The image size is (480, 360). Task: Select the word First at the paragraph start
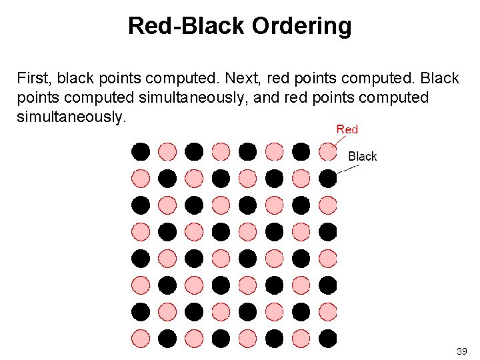click(x=33, y=79)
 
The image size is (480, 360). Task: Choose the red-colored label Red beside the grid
click(x=347, y=129)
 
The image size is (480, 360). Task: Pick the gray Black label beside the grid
click(x=363, y=156)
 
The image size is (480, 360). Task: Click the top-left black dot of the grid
click(x=140, y=151)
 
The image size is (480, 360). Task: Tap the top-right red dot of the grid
click(x=327, y=151)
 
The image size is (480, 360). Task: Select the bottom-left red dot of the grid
click(x=140, y=338)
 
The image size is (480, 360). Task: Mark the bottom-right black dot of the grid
click(x=327, y=338)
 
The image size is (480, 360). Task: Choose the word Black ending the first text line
click(x=439, y=79)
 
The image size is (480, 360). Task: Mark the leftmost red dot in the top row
click(x=167, y=151)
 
